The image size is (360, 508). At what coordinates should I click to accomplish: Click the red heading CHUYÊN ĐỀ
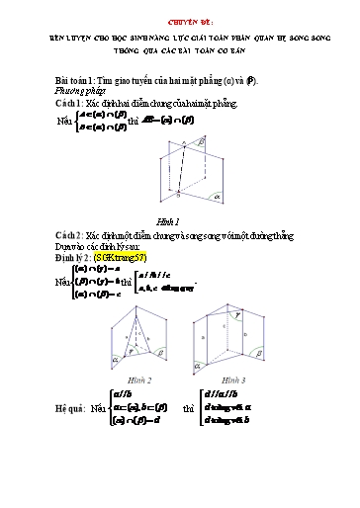click(x=180, y=19)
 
